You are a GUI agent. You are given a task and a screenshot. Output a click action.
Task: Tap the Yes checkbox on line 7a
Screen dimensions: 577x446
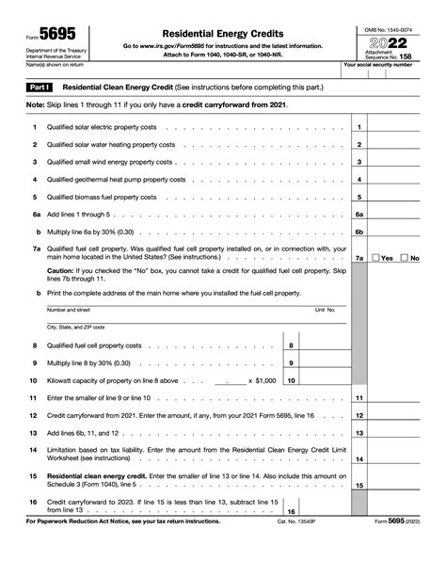click(x=376, y=257)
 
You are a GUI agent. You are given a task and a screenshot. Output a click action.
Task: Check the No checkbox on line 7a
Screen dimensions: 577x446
click(x=404, y=257)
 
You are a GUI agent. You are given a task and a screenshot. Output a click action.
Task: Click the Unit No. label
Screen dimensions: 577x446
click(x=325, y=309)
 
